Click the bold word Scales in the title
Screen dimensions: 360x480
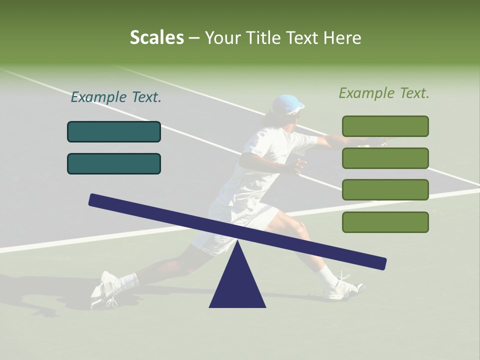coord(156,37)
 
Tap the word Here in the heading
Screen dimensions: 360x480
coord(341,38)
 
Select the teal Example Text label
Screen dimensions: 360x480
coord(116,97)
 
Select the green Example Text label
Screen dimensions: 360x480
coord(384,93)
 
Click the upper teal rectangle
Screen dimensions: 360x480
coord(114,131)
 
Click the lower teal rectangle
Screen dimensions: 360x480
coord(114,163)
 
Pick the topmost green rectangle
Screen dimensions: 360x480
coord(385,126)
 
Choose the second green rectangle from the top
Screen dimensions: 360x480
coord(385,158)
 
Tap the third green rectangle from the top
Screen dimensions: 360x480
coord(385,189)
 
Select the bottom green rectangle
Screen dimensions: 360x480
coord(385,222)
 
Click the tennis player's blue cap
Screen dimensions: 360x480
coord(289,103)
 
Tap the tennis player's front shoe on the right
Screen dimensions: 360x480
coord(343,288)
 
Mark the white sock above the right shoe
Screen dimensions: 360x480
coord(328,274)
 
